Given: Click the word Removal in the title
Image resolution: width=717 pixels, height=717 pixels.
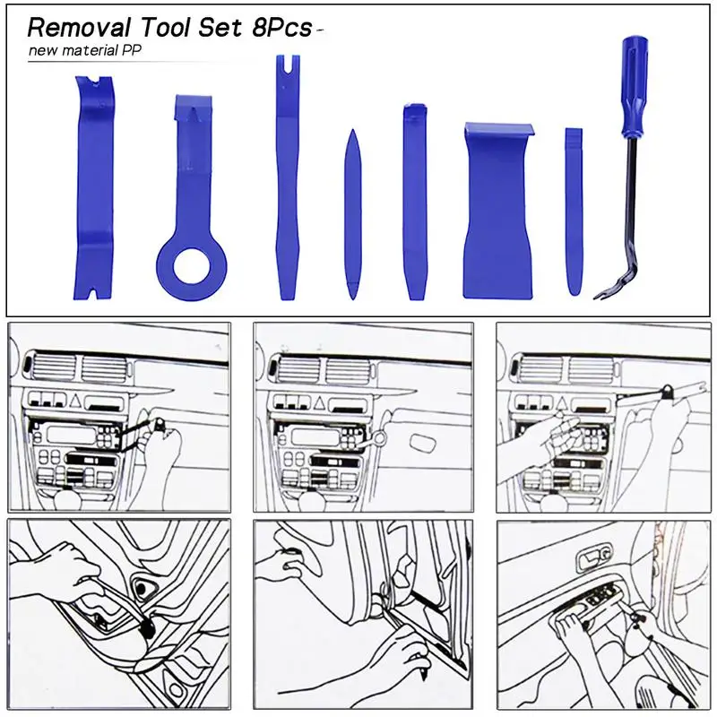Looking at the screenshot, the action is pos(79,28).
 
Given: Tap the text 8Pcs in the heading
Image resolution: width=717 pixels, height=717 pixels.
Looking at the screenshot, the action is pos(282,28).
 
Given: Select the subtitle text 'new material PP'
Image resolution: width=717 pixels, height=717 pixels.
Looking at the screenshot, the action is pos(84,50).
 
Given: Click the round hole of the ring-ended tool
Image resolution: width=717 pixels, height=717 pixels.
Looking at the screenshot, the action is pos(191,266).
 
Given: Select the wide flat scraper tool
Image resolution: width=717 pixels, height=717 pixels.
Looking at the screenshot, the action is pos(498,211).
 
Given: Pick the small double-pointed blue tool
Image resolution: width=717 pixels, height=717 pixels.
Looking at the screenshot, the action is pos(352,214).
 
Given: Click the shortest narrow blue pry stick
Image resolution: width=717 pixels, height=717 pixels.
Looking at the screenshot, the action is pos(574,212).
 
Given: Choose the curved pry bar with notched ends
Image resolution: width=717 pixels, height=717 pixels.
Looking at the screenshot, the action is pos(93,187).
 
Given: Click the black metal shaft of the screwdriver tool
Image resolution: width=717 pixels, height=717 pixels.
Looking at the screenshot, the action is pos(631,206).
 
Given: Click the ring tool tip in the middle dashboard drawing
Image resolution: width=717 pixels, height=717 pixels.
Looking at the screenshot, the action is pos(379,438).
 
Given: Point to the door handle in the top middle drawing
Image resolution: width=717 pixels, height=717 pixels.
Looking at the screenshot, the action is pos(424,443).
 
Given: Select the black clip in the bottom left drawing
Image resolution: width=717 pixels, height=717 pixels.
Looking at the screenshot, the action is pos(148,629).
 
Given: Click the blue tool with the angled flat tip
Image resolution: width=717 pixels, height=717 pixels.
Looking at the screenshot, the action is pos(415,202).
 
